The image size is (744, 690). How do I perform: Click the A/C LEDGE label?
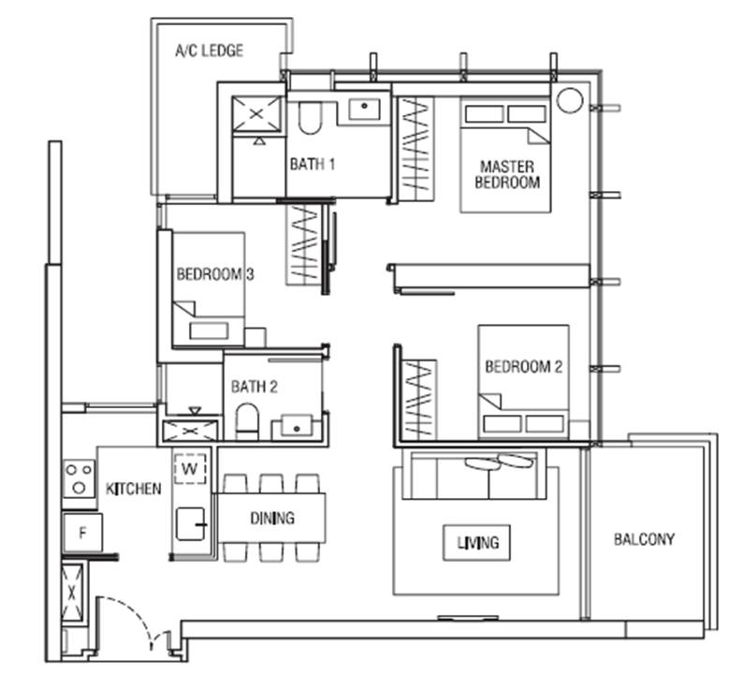(x=210, y=51)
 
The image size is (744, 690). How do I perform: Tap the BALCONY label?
(x=644, y=539)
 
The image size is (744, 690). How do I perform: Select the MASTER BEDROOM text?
(x=507, y=174)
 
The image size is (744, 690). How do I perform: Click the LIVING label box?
(x=477, y=542)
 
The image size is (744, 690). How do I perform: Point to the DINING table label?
(x=272, y=518)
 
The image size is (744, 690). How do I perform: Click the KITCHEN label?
(x=133, y=489)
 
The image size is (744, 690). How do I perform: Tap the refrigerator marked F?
(x=82, y=533)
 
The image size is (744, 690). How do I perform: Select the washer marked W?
(x=190, y=469)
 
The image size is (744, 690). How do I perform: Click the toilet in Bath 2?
(x=247, y=420)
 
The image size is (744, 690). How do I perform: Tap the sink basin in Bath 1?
(x=364, y=109)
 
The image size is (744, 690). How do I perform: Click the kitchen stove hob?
(x=80, y=477)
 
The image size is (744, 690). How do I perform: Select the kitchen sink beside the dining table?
(x=191, y=524)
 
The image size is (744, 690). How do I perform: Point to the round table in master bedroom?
(x=569, y=100)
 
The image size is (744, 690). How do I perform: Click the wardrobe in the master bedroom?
(x=416, y=149)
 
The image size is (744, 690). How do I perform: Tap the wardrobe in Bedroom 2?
(x=419, y=400)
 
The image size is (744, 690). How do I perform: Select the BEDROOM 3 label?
(x=215, y=274)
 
